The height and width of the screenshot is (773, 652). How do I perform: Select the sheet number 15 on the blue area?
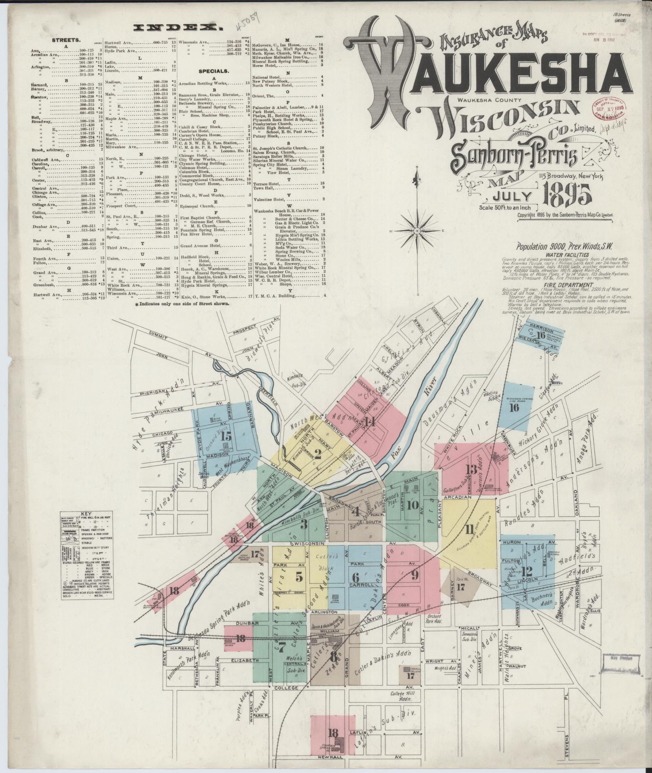click(x=226, y=436)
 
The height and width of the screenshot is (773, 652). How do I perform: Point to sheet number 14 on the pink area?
click(x=369, y=422)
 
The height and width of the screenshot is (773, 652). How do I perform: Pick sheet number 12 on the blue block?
click(x=527, y=571)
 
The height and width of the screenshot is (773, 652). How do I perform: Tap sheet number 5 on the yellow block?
click(x=299, y=577)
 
